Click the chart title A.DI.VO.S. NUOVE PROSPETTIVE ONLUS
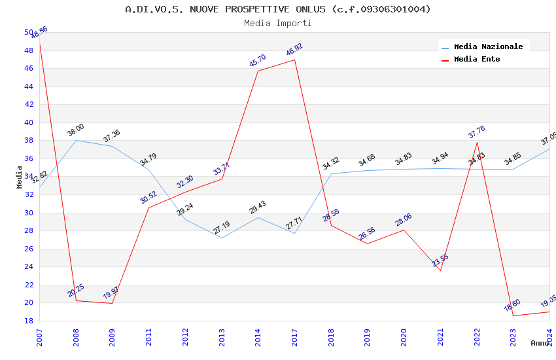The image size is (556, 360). point(278,9)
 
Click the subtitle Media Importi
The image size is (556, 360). point(278,24)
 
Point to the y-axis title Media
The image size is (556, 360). point(20,177)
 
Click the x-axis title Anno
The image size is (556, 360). point(540,343)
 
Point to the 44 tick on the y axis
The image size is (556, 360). point(29,86)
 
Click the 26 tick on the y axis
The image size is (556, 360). point(29,249)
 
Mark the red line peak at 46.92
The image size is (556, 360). point(295,60)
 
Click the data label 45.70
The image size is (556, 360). point(258,61)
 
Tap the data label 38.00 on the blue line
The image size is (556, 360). point(76,130)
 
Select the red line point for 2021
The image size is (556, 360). point(440,271)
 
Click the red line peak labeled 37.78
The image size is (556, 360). point(477,143)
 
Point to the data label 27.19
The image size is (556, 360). point(222,228)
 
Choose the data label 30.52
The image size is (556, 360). point(148,198)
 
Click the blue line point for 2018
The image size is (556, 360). point(331,173)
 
